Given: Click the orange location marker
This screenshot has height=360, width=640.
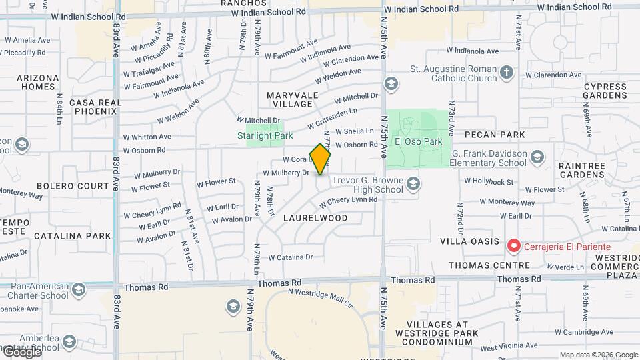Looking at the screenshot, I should pyautogui.click(x=320, y=159).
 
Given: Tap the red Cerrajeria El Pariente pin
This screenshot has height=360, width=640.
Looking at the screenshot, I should pyautogui.click(x=514, y=246).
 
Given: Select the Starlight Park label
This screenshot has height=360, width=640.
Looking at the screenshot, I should pyautogui.click(x=265, y=135).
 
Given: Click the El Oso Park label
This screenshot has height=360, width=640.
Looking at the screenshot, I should pyautogui.click(x=419, y=141).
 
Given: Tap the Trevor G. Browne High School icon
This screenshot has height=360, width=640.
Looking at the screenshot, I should pyautogui.click(x=413, y=183).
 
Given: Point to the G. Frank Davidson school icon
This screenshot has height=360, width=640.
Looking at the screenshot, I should pyautogui.click(x=537, y=157).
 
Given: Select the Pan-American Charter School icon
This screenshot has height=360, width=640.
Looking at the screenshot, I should pyautogui.click(x=79, y=289).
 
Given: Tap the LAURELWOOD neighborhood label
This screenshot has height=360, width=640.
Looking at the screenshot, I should pyautogui.click(x=315, y=218).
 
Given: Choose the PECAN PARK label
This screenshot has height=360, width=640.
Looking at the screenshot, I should pyautogui.click(x=495, y=135).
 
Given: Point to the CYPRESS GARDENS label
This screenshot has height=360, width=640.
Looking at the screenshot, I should pyautogui.click(x=605, y=91).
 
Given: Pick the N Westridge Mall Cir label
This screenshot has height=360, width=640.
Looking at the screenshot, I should pyautogui.click(x=320, y=297).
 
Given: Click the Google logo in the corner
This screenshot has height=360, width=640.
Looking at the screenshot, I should pyautogui.click(x=21, y=351).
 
